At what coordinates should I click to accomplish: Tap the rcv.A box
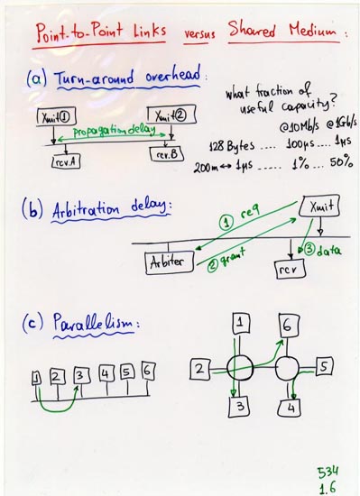pyautogui.click(x=65, y=163)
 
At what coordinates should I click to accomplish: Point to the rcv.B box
pyautogui.click(x=169, y=154)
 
